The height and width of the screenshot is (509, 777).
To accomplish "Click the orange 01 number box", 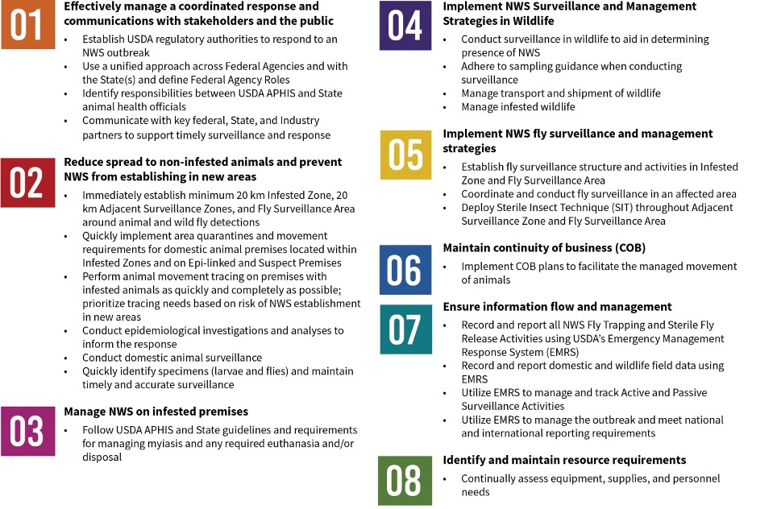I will tap(27, 25).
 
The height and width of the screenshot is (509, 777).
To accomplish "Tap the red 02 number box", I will tap(27, 184).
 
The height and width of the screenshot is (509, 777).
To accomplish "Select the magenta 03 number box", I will tap(27, 432).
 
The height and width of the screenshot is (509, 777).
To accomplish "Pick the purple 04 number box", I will tap(405, 26).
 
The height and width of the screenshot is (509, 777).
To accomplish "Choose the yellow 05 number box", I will tap(405, 154).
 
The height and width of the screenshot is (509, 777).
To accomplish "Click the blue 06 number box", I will tap(405, 270).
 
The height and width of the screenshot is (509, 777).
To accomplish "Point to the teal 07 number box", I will tap(405, 329).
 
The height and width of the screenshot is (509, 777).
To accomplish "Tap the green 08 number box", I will tap(405, 481).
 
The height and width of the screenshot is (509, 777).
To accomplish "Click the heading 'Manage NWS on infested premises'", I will tap(156, 412).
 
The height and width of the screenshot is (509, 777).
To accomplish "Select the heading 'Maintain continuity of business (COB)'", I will tap(544, 247).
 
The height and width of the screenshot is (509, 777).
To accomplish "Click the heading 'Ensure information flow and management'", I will tap(557, 306).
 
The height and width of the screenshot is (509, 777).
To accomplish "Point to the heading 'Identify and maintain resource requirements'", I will tap(564, 460).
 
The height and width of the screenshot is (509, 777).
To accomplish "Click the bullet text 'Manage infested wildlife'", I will tap(518, 107).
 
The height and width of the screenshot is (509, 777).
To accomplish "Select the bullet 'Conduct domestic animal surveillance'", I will tap(172, 357).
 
